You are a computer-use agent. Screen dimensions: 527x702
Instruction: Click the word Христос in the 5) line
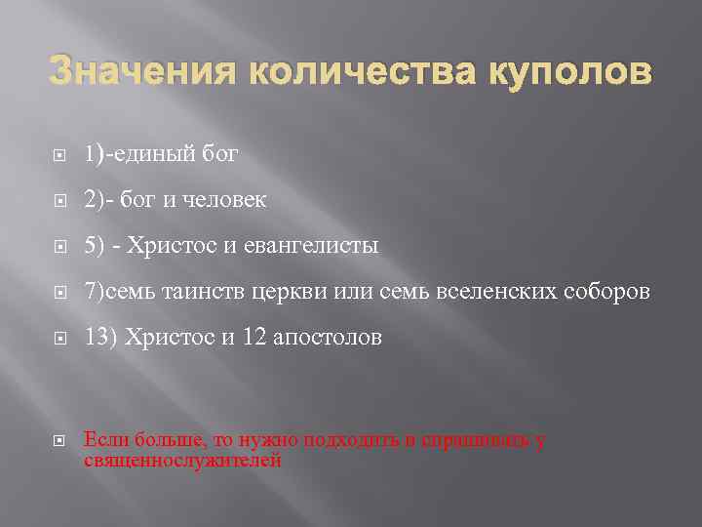click(172, 245)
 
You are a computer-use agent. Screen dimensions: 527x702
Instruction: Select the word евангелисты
click(309, 245)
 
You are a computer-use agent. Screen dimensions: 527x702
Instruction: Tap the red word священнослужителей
click(183, 461)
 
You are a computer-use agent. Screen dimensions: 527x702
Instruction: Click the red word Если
click(103, 440)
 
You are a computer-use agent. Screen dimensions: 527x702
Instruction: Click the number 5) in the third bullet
click(94, 245)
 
